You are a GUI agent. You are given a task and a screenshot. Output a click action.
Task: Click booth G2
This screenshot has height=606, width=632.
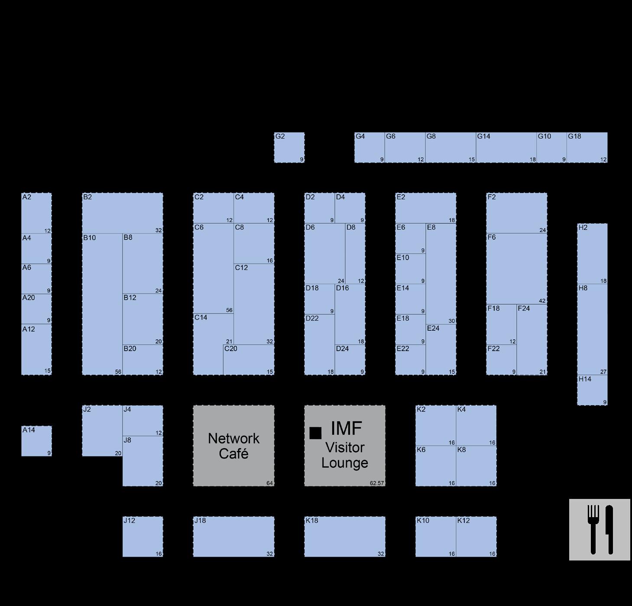[289, 148]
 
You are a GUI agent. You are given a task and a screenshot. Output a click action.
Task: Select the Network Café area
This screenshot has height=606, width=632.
[233, 446]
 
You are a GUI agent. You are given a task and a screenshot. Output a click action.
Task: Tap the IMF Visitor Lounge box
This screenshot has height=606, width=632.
[345, 446]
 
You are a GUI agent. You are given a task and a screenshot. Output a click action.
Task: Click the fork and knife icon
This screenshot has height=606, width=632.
[600, 530]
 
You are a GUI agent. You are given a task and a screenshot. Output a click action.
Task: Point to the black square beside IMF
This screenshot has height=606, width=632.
[315, 433]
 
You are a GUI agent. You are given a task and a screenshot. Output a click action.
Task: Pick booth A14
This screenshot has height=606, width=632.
[36, 441]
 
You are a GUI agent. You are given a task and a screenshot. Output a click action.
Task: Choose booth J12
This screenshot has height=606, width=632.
[143, 537]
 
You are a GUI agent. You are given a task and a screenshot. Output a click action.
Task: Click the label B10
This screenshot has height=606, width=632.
[89, 238]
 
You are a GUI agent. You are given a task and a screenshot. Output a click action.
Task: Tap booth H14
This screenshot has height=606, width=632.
[592, 390]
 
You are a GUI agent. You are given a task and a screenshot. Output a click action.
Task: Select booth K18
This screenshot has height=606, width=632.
[345, 537]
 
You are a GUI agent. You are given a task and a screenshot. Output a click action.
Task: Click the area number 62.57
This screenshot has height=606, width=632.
[377, 483]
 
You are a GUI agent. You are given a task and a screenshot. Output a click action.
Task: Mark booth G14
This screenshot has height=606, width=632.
[506, 148]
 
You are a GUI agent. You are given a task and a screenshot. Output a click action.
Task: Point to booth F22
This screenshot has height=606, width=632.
[501, 360]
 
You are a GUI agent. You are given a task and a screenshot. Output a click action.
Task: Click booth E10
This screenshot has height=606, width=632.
[410, 269]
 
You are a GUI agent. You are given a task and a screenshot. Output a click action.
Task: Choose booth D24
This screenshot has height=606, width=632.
[350, 360]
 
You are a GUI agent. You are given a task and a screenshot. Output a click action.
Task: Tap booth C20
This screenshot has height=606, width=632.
[249, 360]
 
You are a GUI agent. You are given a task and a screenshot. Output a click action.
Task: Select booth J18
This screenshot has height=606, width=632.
[233, 537]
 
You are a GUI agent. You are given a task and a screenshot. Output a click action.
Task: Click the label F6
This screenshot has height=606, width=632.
[492, 238]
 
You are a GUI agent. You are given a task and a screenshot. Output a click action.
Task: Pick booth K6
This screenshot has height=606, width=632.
[435, 466]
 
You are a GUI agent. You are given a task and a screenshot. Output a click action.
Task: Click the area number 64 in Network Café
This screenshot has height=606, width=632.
[270, 483]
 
